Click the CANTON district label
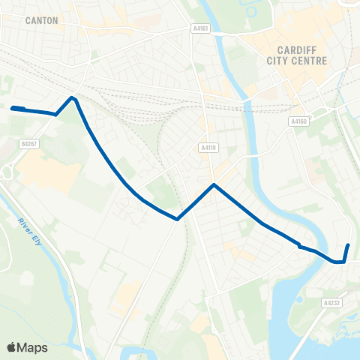(41, 21)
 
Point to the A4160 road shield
(298, 120)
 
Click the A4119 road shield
(208, 148)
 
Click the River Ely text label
(28, 231)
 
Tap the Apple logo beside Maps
(12, 347)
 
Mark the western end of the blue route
(13, 109)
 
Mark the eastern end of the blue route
(349, 245)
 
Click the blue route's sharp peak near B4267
(72, 97)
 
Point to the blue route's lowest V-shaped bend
(177, 219)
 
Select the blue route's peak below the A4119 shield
(214, 184)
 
